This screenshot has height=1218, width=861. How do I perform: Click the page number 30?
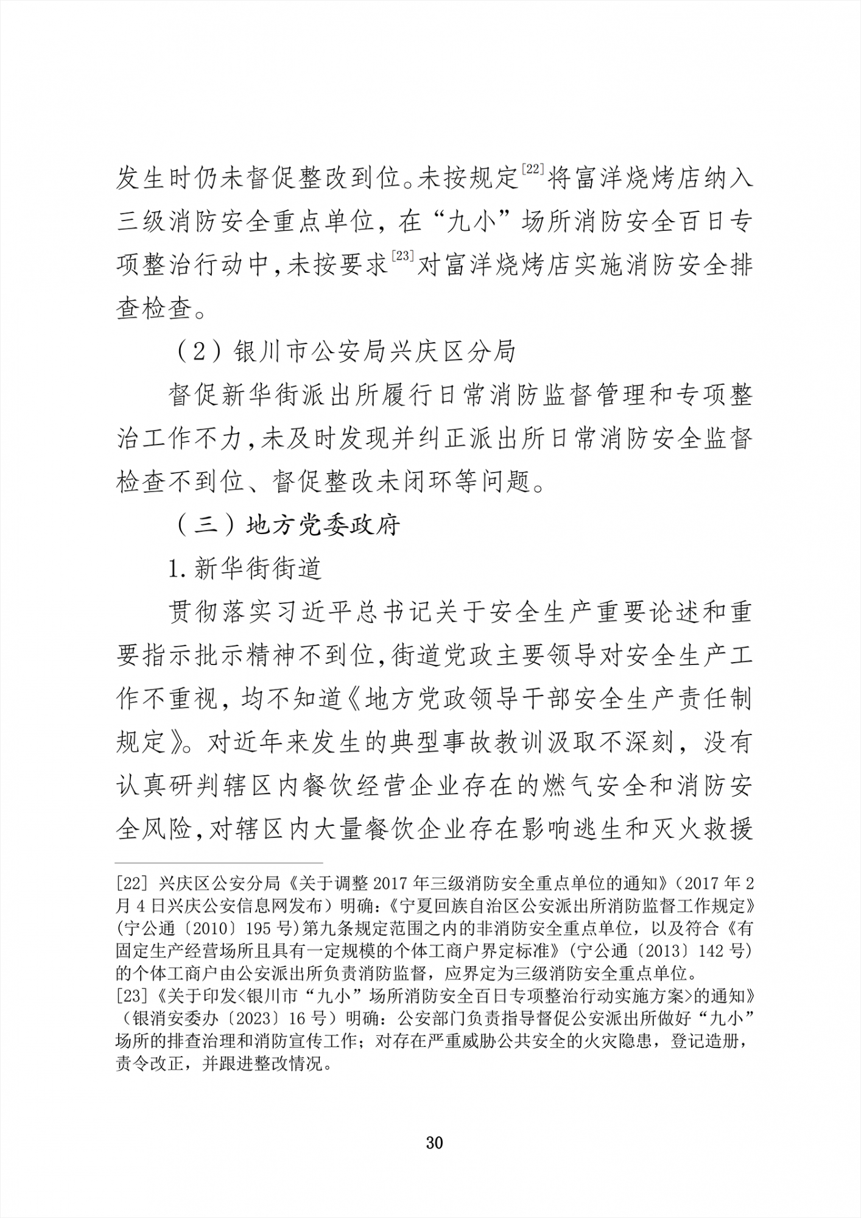point(434,1142)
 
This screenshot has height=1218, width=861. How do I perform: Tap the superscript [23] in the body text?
point(403,256)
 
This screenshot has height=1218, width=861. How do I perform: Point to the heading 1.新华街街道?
point(245,569)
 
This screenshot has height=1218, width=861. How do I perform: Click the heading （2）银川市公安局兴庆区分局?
point(345,352)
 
